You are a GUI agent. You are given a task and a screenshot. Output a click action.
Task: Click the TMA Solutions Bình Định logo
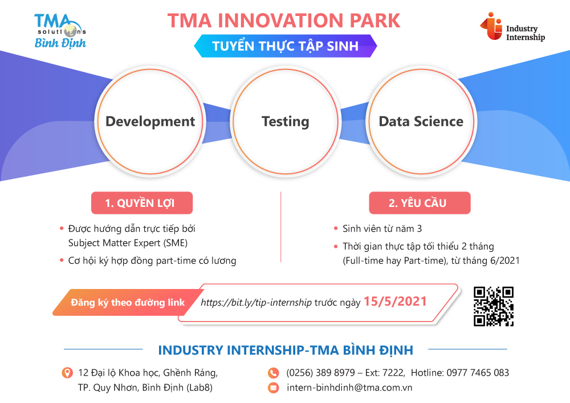click(60, 31)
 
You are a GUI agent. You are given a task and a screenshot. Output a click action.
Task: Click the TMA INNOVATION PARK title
click(283, 21)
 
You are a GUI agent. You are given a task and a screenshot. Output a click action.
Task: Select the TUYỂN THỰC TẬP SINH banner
click(286, 46)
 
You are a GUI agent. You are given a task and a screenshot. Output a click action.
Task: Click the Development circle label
click(150, 121)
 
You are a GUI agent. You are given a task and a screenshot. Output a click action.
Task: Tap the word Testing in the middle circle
click(286, 122)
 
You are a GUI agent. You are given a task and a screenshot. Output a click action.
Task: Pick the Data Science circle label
click(421, 121)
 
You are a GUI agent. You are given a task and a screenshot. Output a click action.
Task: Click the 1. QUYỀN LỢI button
click(142, 203)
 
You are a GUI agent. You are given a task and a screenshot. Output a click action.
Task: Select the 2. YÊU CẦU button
click(420, 203)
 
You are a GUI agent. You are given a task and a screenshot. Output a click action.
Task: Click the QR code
click(493, 306)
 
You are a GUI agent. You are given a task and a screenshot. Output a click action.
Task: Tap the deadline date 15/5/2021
click(395, 302)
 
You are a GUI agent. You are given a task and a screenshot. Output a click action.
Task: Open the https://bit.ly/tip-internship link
click(256, 302)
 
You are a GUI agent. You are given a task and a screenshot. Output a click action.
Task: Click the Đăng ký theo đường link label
click(128, 302)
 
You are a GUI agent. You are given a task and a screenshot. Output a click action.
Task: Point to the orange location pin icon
click(67, 373)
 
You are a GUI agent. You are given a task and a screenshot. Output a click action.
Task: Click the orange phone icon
click(274, 373)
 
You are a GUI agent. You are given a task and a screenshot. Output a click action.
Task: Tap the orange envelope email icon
click(274, 388)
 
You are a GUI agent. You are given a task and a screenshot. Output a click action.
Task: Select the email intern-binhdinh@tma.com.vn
click(349, 388)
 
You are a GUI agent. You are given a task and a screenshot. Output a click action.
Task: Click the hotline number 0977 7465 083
click(478, 373)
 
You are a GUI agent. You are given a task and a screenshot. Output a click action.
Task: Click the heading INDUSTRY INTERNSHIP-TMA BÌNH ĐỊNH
click(286, 350)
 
